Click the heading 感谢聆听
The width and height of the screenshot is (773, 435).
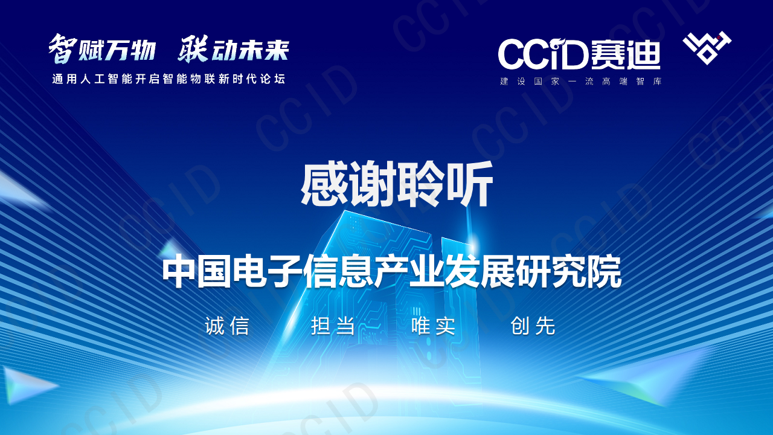click(x=397, y=185)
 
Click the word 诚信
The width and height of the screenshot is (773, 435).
click(x=227, y=326)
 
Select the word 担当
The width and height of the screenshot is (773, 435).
click(x=333, y=326)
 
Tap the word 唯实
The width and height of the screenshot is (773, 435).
click(x=434, y=326)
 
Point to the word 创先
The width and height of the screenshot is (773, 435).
click(x=533, y=326)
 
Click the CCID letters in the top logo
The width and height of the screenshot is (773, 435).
click(x=542, y=54)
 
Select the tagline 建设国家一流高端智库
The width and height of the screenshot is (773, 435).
click(x=580, y=82)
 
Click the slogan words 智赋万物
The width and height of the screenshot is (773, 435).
click(x=103, y=50)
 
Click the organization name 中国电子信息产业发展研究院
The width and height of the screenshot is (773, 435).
click(x=391, y=273)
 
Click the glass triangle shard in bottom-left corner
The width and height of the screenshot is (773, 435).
click(x=27, y=384)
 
